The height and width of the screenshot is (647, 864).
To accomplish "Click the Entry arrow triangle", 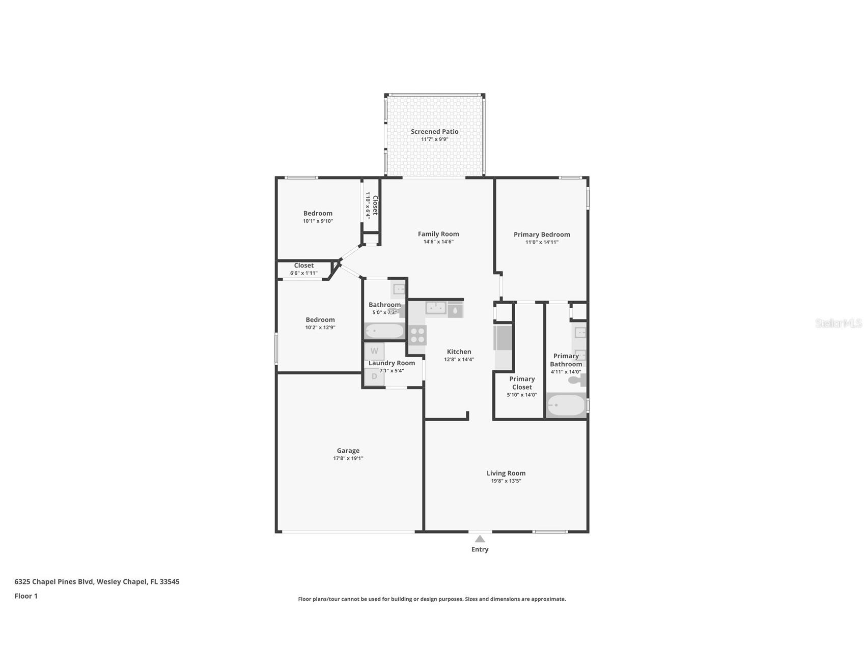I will point(480,539).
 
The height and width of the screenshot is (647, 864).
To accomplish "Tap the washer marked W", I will point(374,351).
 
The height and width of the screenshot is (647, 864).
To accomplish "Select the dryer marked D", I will point(374,376).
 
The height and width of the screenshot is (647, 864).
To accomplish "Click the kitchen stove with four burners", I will point(417,335).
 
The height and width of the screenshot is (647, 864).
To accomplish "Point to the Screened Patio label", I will point(434,131).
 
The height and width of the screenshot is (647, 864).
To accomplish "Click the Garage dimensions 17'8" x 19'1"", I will point(348,458).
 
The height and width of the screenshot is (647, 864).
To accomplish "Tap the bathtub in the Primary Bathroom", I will point(566,405).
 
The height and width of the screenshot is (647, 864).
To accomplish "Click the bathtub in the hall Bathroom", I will point(384,331).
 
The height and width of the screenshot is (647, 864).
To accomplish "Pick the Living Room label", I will point(506,473).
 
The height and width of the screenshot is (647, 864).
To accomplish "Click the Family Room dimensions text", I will point(438,242).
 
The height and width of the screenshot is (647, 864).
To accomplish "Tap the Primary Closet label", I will point(522,383).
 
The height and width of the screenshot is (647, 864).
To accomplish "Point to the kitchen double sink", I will point(436,308).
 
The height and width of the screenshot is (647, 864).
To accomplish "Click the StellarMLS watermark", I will point(838,323).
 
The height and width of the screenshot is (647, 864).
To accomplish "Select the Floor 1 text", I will point(26,596).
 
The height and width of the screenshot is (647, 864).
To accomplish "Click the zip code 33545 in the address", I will point(169,581).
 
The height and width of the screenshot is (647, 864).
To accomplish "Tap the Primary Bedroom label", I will point(542,234).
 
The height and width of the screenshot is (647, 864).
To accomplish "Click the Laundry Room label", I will point(392,363).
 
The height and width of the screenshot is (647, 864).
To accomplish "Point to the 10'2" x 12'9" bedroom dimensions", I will point(320,328).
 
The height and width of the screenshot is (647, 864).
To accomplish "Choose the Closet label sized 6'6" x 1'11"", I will point(303,266).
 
